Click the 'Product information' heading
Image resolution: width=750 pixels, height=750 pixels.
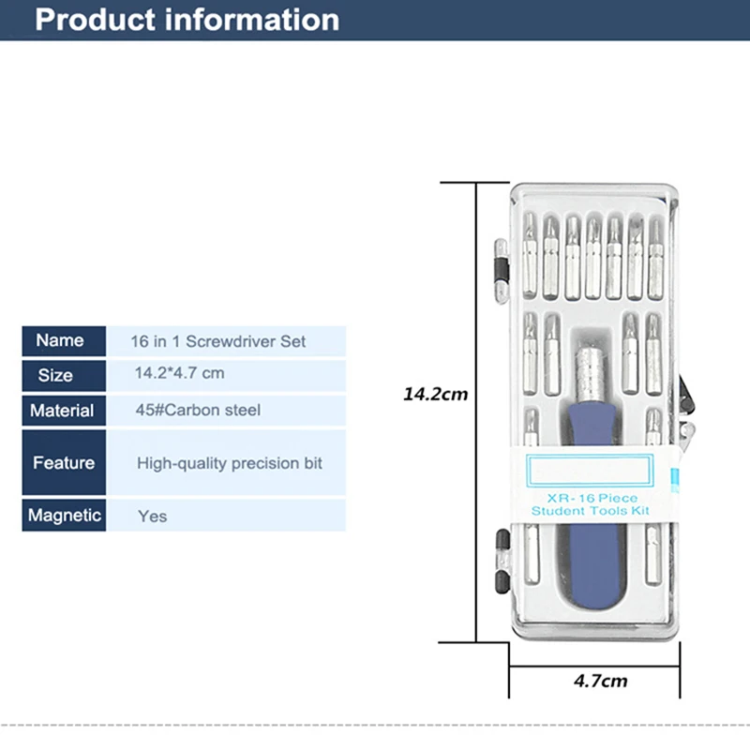[187, 20]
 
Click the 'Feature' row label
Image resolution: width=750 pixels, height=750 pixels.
[64, 463]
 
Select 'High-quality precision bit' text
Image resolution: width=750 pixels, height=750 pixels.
[230, 463]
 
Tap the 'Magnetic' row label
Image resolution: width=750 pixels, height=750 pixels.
[64, 515]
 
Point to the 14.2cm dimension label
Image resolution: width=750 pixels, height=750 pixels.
[436, 395]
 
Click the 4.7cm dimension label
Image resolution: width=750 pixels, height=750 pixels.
[601, 682]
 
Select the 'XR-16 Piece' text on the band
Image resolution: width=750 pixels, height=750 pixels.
[592, 498]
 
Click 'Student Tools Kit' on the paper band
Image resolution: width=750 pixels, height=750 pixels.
[591, 511]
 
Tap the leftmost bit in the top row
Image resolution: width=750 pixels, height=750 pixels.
[530, 255]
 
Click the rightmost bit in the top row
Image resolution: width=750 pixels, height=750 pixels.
[655, 260]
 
